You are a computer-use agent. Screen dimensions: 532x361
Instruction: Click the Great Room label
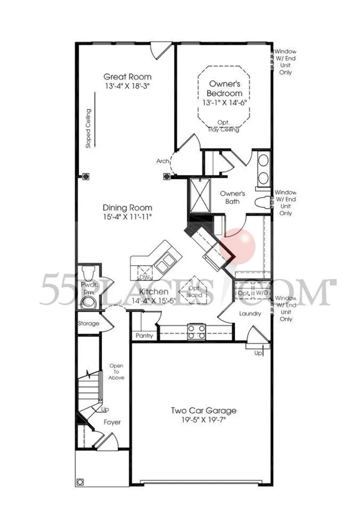[x=128, y=77]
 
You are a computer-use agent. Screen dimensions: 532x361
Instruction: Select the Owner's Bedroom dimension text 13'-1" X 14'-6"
[x=224, y=102]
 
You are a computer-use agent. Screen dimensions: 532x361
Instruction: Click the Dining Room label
[x=128, y=208]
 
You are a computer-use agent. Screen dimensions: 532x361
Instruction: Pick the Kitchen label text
[x=154, y=292]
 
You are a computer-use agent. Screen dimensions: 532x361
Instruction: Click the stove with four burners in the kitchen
[x=196, y=331]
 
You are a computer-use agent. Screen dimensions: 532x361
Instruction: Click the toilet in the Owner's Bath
[x=263, y=202]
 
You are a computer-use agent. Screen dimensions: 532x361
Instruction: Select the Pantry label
[x=144, y=336]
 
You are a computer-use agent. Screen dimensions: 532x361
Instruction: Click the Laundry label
[x=250, y=313]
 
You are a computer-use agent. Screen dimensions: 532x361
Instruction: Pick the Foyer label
[x=112, y=422]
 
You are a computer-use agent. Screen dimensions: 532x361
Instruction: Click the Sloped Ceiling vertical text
[x=89, y=129]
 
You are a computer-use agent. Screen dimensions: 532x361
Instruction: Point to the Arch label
[x=162, y=161]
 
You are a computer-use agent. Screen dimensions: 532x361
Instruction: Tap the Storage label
[x=89, y=323]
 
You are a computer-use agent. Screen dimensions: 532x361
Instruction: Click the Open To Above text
[x=116, y=371]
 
